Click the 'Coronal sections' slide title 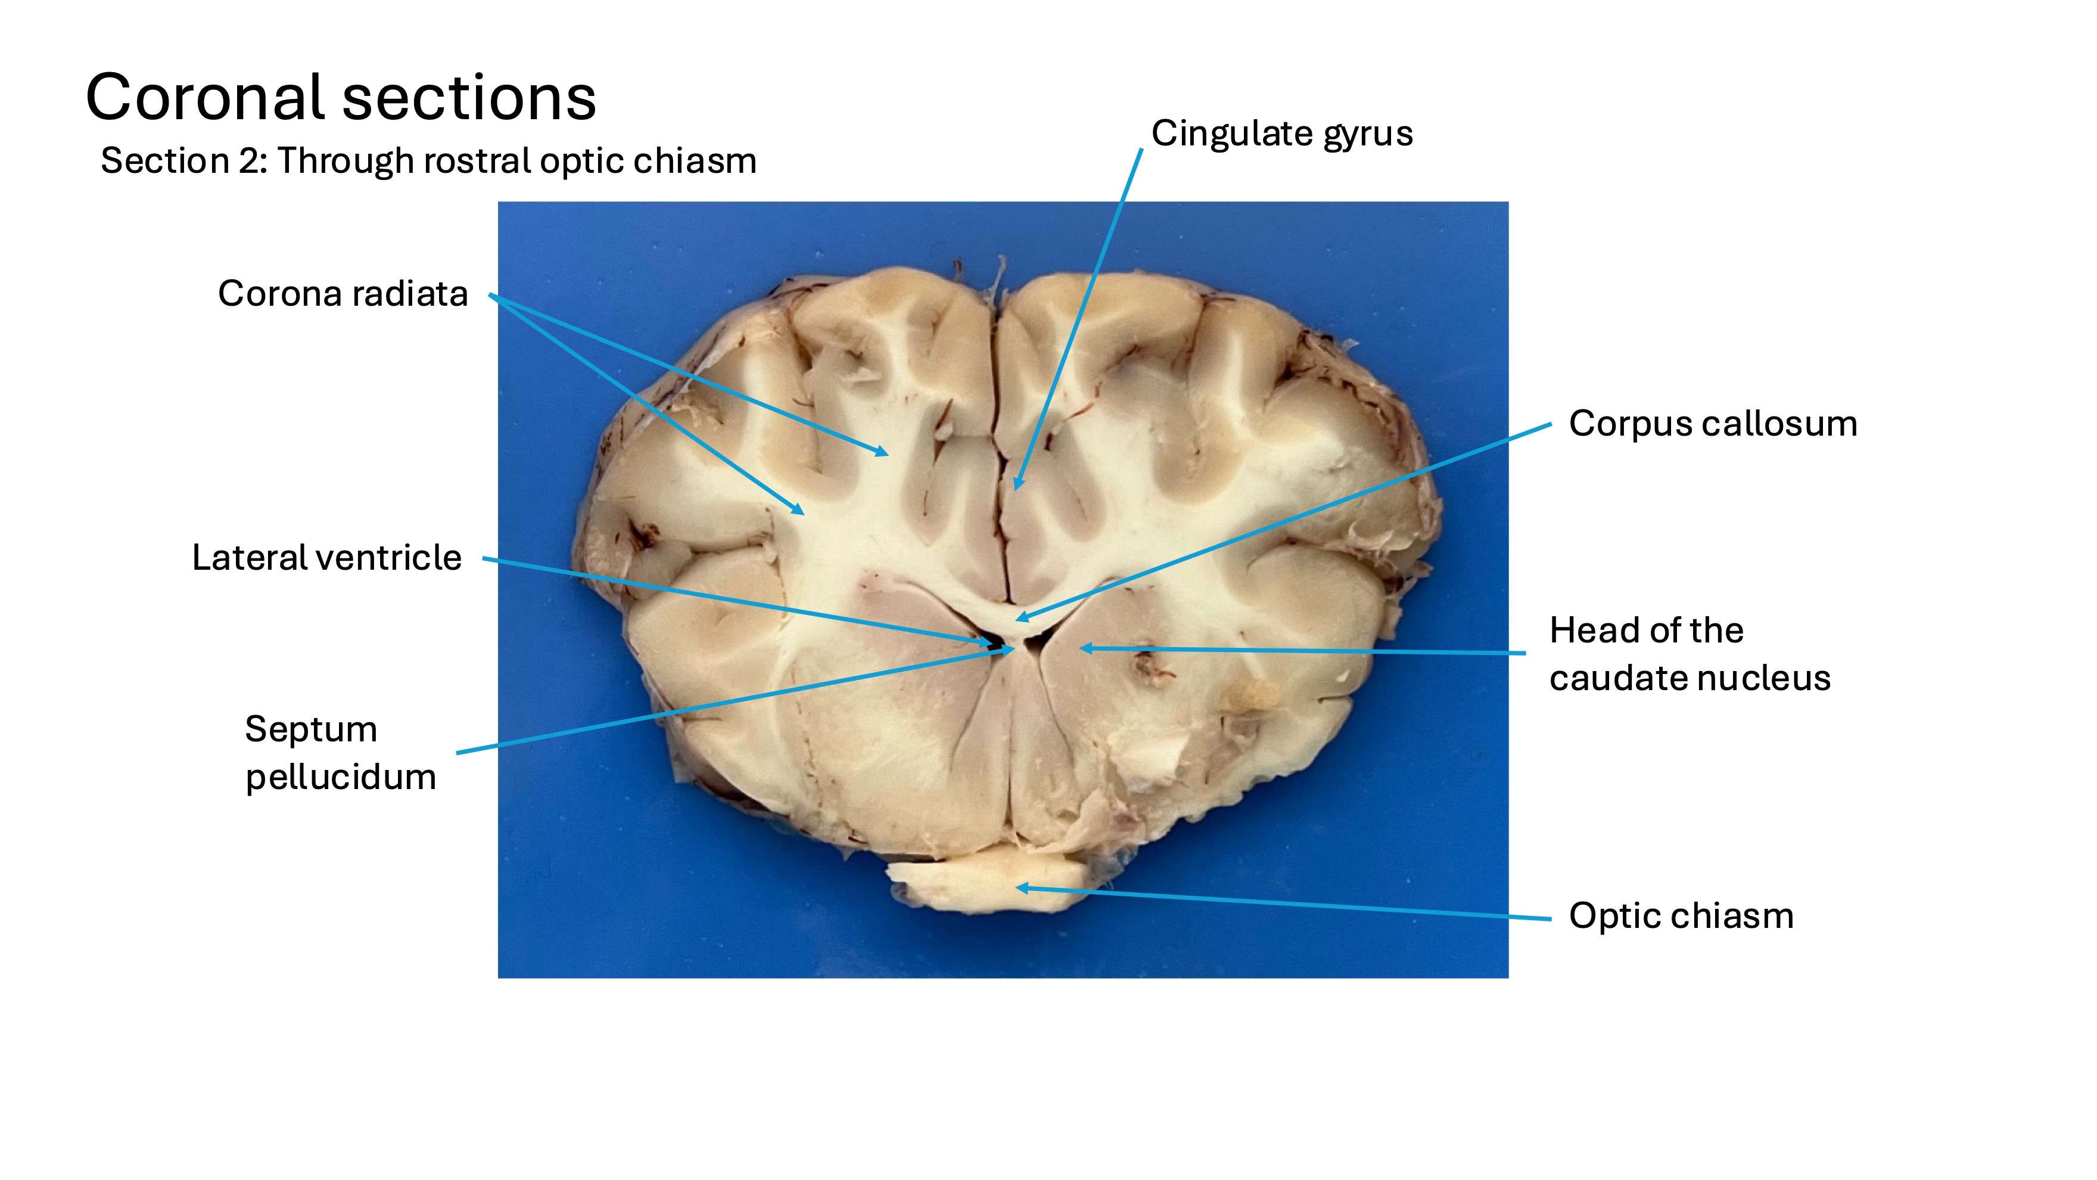tap(340, 98)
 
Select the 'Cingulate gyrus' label tap(1281, 134)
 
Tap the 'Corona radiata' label tap(343, 294)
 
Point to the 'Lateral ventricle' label tap(326, 558)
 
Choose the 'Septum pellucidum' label tap(340, 753)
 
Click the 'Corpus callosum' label tap(1712, 424)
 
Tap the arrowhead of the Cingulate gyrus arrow tap(1017, 487)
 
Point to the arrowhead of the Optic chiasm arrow tap(1019, 887)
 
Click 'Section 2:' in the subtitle tap(183, 162)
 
